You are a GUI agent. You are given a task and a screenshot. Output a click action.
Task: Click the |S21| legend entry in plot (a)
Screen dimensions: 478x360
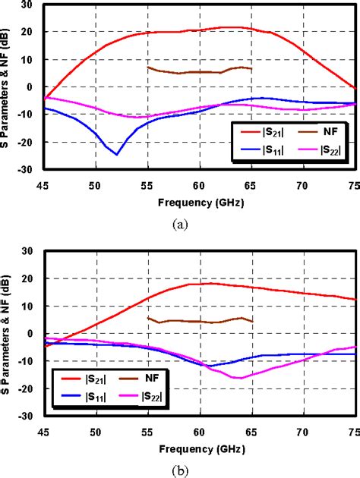click(263, 134)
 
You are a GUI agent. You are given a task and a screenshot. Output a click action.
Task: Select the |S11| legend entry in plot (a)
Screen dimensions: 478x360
click(263, 152)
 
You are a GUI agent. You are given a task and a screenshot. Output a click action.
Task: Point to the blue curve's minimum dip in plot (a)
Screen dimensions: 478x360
click(116, 154)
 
